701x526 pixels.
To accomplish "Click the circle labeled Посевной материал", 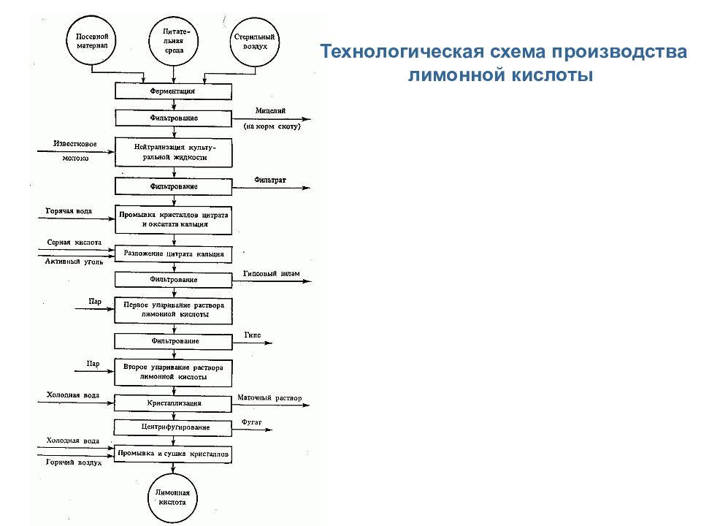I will (x=92, y=41).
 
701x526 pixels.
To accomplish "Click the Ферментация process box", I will (x=173, y=91).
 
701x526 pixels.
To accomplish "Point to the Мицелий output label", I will (x=270, y=110).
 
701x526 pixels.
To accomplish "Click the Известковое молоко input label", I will (x=75, y=150).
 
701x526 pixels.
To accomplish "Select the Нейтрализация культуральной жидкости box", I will (x=173, y=152).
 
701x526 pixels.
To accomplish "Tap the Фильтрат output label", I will (x=270, y=179).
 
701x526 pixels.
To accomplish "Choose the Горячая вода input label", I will (x=69, y=211).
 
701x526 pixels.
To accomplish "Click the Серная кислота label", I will (x=74, y=242).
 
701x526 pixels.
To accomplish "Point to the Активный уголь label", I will (x=74, y=261).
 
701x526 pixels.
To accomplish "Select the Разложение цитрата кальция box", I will (x=173, y=254).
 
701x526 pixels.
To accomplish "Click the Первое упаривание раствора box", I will (x=173, y=309).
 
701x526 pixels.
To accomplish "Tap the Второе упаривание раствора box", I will (x=173, y=370).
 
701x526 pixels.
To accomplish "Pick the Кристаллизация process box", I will (x=173, y=403).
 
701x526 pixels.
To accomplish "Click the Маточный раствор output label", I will (x=269, y=399).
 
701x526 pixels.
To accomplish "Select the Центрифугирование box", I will (x=173, y=426).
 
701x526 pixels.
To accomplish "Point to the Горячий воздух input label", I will (x=73, y=462).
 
